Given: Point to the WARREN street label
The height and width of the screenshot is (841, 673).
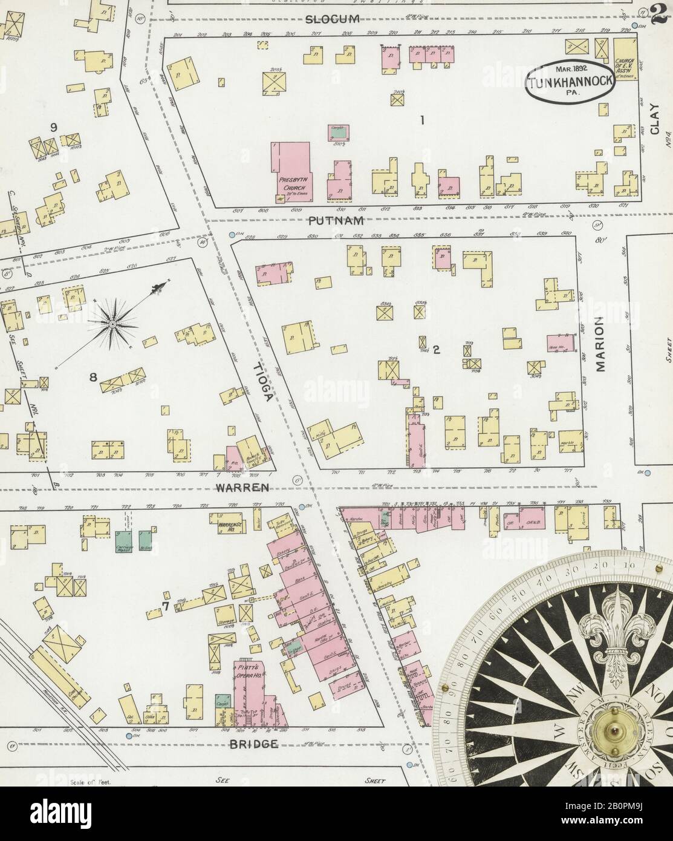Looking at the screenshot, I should [243, 486].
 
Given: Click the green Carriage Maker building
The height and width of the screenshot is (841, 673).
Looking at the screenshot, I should [124, 541].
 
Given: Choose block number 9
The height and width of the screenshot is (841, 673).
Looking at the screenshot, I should [54, 127].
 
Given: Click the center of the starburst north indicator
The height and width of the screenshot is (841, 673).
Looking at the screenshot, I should [112, 324].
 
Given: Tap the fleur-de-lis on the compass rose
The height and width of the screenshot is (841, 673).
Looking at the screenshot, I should [615, 629].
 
